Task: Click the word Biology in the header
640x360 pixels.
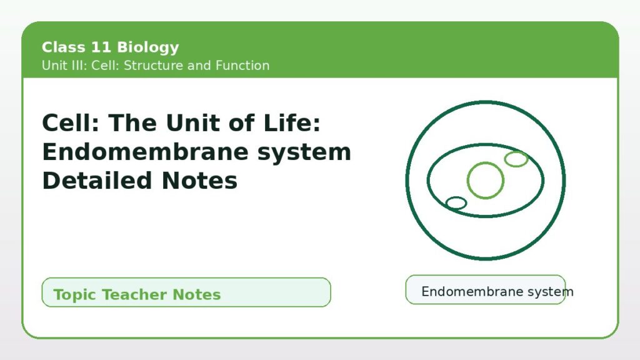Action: pos(147,47)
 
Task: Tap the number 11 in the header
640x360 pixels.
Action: pos(101,47)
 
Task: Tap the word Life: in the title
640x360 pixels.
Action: pos(292,123)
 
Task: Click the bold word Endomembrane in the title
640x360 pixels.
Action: pos(145,152)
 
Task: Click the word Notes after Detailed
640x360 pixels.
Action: pos(199,181)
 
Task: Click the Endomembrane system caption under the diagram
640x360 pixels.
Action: pos(497,291)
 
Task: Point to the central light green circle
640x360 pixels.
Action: pos(485,163)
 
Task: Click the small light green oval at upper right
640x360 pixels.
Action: pos(516,152)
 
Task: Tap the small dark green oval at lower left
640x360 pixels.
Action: pos(456,197)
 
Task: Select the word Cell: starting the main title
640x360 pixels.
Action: pos(71,123)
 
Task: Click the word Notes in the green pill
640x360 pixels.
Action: pos(196,294)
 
